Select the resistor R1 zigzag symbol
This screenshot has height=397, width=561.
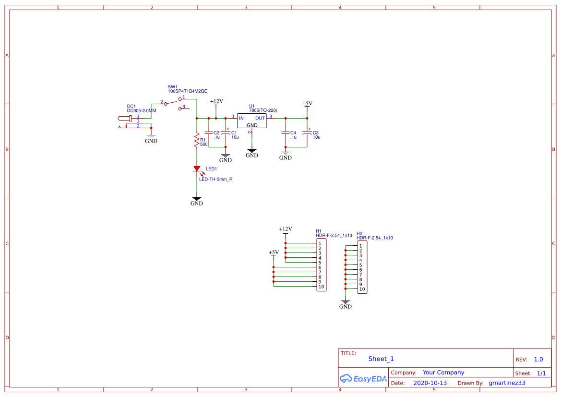196,141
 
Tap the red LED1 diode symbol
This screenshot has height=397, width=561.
197,168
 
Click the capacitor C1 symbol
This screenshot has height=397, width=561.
225,133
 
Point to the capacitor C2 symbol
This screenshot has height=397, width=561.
208,132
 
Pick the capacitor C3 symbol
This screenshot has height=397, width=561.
307,133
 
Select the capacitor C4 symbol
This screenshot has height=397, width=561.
286,132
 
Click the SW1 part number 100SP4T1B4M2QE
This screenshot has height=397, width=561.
187,91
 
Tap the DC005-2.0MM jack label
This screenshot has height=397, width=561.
141,110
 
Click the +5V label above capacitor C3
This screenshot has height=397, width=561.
307,104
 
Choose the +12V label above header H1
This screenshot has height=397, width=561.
286,229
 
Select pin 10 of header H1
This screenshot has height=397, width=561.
321,287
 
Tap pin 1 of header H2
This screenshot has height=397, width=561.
360,246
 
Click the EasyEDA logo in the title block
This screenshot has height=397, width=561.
363,378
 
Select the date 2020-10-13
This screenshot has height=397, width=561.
430,383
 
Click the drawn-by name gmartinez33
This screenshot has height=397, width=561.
507,383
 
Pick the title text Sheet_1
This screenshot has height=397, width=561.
381,359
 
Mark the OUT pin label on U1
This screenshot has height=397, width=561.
260,118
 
